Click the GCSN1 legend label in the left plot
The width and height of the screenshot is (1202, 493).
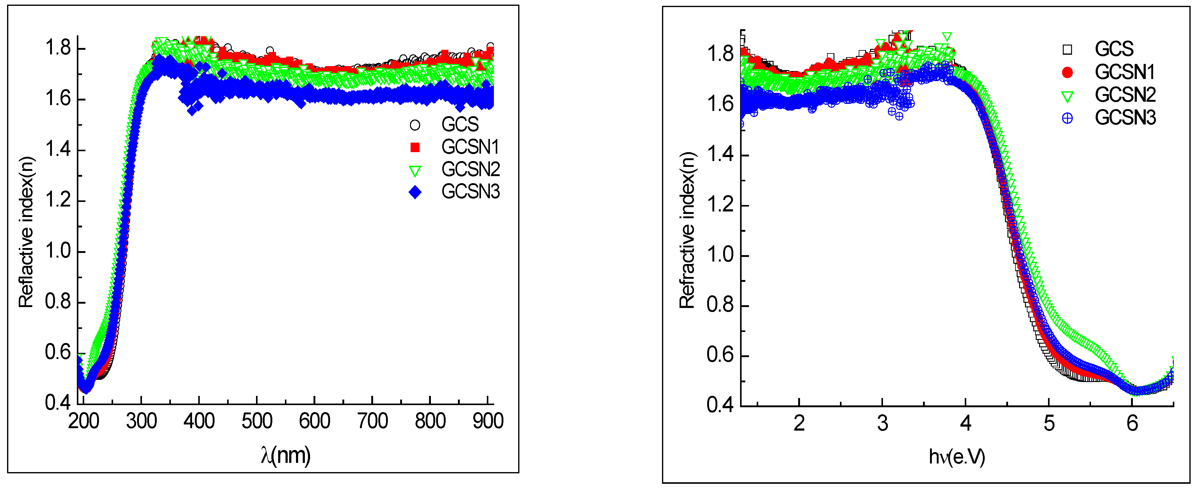point(470,148)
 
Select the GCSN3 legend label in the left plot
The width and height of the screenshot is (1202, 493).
point(470,192)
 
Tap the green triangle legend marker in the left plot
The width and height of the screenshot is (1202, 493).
point(415,171)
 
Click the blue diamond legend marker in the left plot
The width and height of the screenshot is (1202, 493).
point(415,192)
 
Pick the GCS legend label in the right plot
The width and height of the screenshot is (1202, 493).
point(1114,49)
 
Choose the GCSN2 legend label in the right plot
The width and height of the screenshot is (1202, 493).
point(1125,95)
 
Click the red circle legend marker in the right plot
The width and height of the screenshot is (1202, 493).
point(1067,72)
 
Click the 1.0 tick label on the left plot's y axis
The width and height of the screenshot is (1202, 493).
point(58,251)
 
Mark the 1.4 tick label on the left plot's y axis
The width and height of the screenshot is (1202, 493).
point(58,150)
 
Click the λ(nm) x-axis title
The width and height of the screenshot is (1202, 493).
point(286,456)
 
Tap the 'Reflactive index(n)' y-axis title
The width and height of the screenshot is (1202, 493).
point(26,232)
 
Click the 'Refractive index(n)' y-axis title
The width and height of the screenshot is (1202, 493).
point(687,230)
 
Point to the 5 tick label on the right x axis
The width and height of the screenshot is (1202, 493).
point(1049,424)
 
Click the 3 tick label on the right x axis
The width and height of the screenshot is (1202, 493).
point(882,424)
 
